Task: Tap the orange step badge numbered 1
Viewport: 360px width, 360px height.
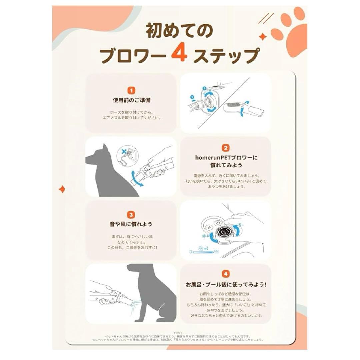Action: point(132,90)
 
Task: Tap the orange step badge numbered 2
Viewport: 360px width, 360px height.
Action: point(226,148)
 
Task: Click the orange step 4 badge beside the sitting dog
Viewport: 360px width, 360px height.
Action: point(226,274)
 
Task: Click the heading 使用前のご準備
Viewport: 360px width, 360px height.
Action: point(132,100)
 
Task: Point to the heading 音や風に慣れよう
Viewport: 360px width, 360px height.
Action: point(132,225)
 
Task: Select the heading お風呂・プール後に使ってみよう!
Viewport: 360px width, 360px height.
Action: point(226,284)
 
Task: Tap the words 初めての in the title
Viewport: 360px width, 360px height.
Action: point(179,32)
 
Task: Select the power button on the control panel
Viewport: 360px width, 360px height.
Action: point(217,223)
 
